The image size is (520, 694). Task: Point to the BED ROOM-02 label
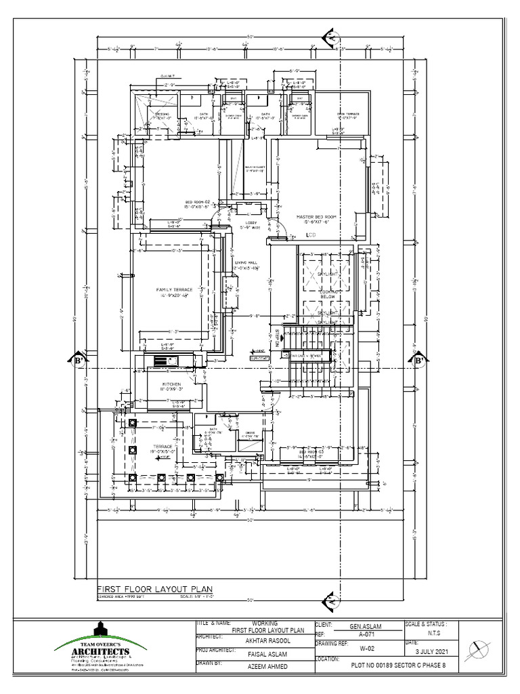pyautogui.click(x=198, y=202)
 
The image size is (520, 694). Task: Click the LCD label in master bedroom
pyautogui.click(x=311, y=234)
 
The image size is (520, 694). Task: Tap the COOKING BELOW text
pyautogui.click(x=328, y=293)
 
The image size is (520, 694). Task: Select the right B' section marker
pyautogui.click(x=418, y=360)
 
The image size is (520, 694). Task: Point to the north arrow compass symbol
pyautogui.click(x=481, y=647)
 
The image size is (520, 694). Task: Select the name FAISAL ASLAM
pyautogui.click(x=267, y=654)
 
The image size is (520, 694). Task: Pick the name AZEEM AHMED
pyautogui.click(x=267, y=667)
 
